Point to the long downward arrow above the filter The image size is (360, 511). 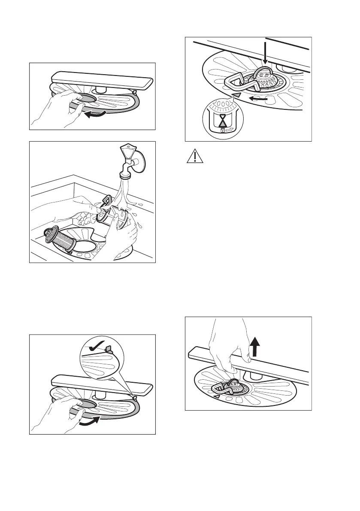265,56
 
